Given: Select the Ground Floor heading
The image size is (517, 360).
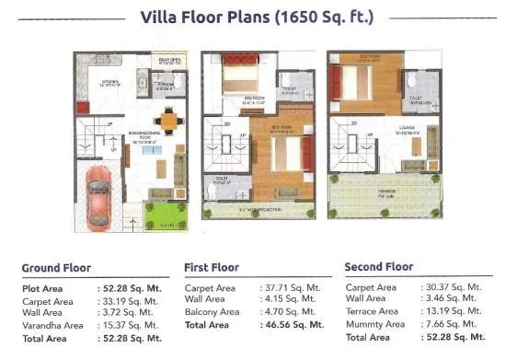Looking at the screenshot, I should click(x=56, y=268).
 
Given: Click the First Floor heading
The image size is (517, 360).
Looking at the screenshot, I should click(x=212, y=268).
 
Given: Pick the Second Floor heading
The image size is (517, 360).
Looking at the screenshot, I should click(x=379, y=267).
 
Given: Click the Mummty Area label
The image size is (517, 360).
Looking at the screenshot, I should click(x=374, y=324).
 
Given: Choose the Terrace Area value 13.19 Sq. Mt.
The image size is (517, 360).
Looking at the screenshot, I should click(x=456, y=311).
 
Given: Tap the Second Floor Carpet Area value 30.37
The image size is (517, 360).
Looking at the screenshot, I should click(x=456, y=287).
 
